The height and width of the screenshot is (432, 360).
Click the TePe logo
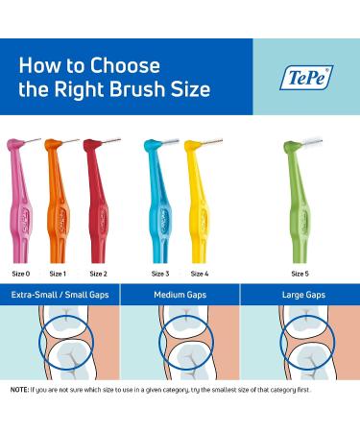point(306,77)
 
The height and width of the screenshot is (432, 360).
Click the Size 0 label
point(21,274)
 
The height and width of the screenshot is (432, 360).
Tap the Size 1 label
point(57,274)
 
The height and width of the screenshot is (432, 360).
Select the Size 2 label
point(98,274)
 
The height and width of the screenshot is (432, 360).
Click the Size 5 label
point(300,274)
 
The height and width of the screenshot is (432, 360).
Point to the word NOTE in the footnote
point(20,390)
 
